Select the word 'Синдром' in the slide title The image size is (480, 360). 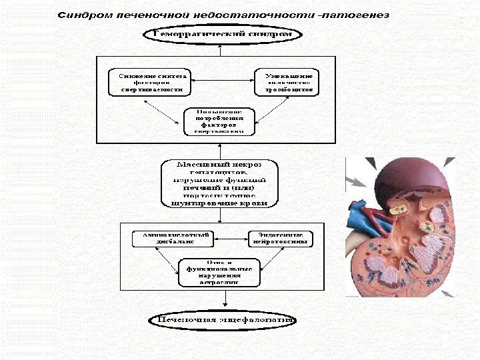(81, 14)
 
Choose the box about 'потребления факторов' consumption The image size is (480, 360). (219, 121)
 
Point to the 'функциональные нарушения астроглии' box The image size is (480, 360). (219, 273)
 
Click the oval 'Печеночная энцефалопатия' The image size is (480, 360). (223, 320)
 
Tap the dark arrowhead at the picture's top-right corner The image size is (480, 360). (449, 162)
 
